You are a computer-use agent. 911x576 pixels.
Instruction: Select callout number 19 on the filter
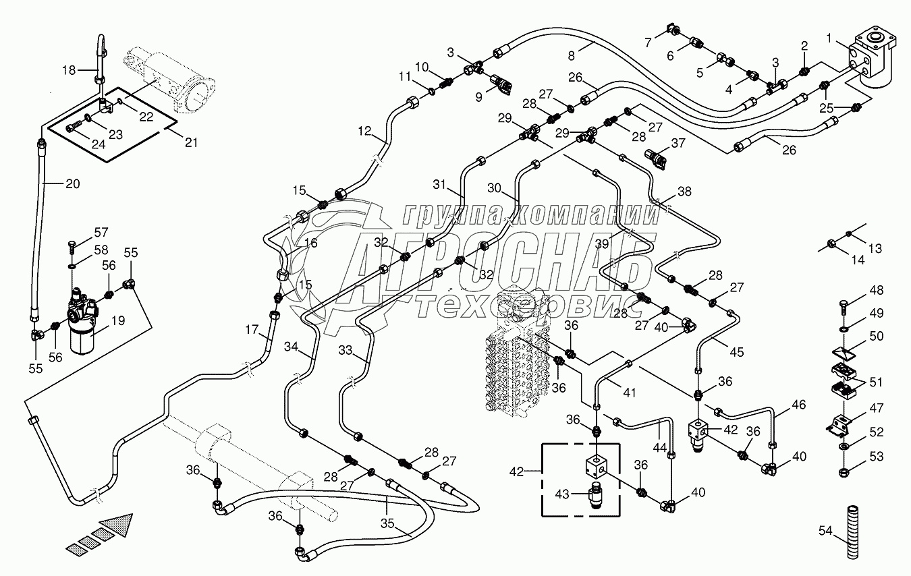click(117, 321)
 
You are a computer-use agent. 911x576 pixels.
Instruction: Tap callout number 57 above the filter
click(101, 233)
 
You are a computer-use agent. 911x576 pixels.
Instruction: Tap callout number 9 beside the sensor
click(478, 96)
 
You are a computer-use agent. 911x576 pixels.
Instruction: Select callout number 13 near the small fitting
click(875, 249)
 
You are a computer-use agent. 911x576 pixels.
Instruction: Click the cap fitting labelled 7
click(671, 29)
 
